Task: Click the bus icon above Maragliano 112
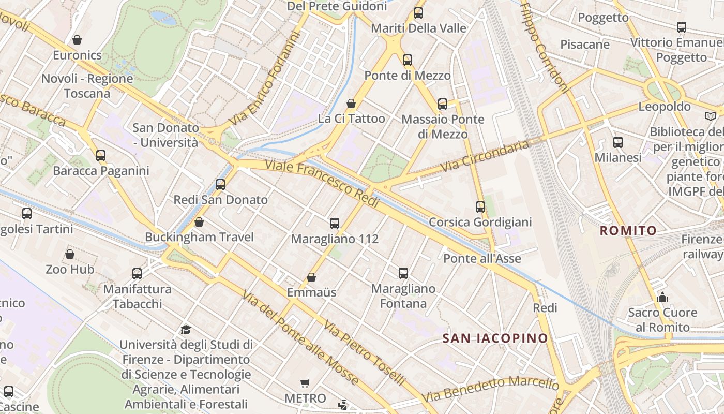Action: [x=335, y=224]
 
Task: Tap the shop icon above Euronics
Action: [x=77, y=40]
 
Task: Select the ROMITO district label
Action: [x=628, y=231]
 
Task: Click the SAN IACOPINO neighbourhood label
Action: [x=495, y=338]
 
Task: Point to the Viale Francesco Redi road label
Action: [x=323, y=184]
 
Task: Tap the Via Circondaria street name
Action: [x=485, y=156]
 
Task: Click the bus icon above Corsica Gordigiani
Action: [x=480, y=207]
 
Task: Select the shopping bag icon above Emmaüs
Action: [x=311, y=277]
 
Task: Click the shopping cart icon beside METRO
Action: [x=305, y=383]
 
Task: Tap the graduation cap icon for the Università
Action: [x=186, y=330]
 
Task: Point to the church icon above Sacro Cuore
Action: [x=662, y=297]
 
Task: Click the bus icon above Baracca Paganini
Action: [x=101, y=155]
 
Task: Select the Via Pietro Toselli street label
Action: [x=365, y=353]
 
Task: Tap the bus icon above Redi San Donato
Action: [x=220, y=185]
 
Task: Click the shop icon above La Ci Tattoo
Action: [x=351, y=103]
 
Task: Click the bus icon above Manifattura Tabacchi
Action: [x=137, y=273]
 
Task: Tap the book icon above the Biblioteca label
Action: [x=711, y=116]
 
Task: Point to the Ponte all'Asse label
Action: [x=482, y=258]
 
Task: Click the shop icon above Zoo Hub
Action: [x=70, y=254]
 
